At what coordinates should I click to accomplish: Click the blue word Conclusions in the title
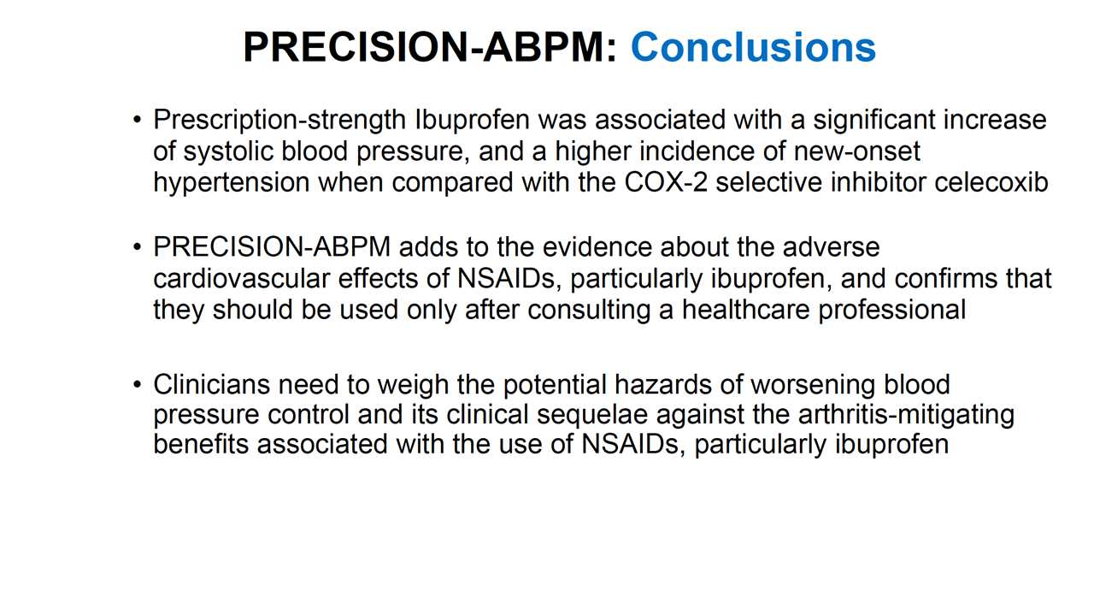(x=753, y=47)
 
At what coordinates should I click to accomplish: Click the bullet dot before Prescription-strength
(x=138, y=120)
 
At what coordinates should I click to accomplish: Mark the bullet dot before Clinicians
(x=138, y=384)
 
